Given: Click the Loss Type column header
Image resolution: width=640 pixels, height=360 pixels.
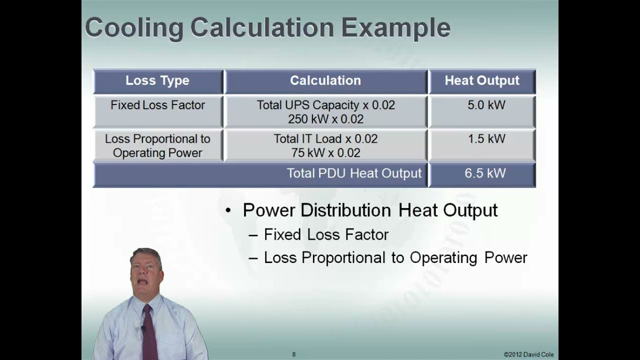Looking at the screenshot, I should tap(157, 81).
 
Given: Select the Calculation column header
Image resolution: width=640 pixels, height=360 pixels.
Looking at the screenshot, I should tap(325, 81).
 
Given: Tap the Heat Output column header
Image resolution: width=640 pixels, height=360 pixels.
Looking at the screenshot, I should tap(482, 81).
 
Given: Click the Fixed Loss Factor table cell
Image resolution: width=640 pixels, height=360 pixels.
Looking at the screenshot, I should tap(158, 105).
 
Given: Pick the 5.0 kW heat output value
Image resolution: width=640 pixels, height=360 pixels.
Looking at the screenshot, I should tap(486, 105).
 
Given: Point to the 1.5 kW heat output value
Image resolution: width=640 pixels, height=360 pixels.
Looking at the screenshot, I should tap(486, 139).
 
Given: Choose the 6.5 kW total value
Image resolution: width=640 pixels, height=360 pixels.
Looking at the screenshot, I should tap(485, 173).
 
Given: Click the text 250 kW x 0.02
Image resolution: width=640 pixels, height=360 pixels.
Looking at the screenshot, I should tap(325, 119).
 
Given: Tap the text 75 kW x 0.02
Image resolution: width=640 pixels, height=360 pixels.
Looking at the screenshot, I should tap(325, 153).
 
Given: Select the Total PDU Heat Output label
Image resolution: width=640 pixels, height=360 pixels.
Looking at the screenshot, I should tap(354, 173).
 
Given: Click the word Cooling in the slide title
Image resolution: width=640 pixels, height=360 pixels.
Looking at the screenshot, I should tap(134, 28).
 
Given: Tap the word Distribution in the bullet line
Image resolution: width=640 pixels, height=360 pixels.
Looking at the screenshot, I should tap(347, 210).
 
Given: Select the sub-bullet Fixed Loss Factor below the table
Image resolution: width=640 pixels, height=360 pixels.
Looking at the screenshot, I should tap(326, 234).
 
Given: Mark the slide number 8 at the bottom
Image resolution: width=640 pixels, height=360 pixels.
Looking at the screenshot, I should tap(294, 354).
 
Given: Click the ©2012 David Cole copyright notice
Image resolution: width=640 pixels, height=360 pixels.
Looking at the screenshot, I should tap(528, 354).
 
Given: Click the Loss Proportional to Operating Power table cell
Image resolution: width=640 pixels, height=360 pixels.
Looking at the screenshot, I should tap(157, 146).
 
